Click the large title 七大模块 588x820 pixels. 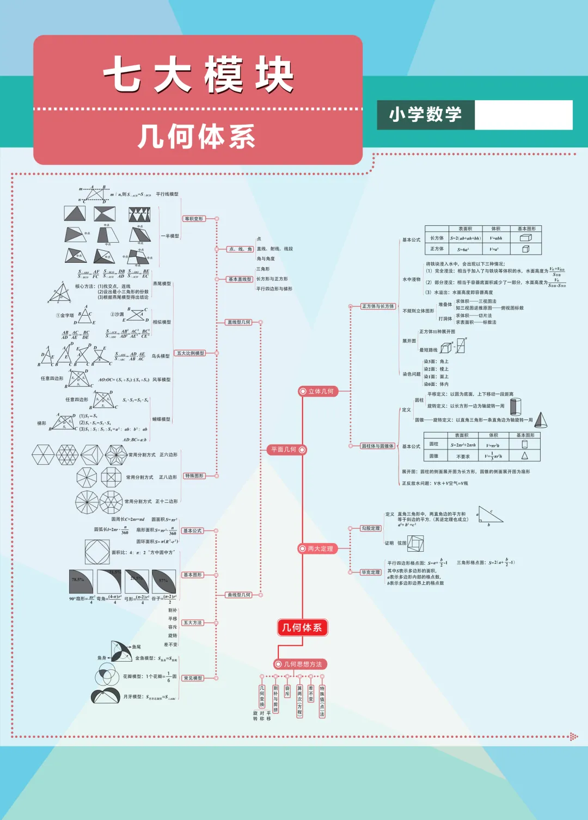198,75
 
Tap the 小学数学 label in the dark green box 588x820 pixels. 425,114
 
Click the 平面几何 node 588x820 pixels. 287,449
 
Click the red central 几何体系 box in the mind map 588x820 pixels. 302,627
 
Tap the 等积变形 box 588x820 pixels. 194,219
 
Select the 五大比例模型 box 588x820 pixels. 191,353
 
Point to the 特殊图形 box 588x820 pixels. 194,476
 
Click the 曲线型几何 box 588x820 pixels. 240,595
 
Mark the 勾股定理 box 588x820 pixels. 371,528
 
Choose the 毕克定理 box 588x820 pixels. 371,572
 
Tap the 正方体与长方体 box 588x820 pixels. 378,306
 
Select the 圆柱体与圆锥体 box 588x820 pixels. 378,446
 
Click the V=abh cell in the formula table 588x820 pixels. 495,238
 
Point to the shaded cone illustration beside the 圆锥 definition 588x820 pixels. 541,420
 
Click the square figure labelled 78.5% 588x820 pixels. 81,582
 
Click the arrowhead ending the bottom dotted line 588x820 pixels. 574,737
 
